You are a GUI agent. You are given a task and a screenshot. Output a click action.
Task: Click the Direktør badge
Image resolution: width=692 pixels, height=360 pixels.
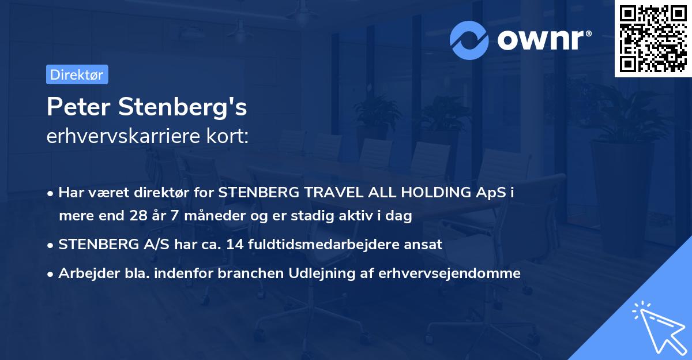coord(77,74)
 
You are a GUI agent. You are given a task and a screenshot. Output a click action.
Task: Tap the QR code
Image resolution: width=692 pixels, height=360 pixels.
coord(653,39)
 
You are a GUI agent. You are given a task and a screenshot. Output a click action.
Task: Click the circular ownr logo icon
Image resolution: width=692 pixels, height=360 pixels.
coord(469,40)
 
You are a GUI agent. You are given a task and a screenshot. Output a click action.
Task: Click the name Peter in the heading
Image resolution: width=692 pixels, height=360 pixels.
coord(79,107)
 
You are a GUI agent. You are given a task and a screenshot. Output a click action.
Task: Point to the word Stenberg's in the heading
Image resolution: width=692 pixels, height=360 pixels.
coord(182,107)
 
